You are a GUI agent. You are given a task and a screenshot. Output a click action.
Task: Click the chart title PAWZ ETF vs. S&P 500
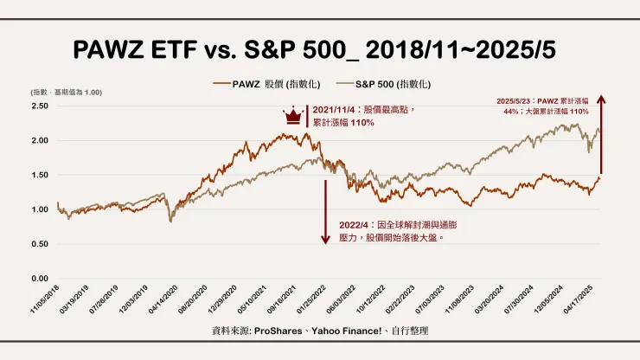(319, 49)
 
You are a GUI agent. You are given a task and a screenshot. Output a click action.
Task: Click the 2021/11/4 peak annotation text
(363, 117)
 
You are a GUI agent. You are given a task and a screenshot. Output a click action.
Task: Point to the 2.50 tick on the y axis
(39, 106)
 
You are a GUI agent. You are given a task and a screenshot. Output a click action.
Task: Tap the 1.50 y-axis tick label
(39, 175)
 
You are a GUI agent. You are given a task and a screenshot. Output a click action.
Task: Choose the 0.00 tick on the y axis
(39, 279)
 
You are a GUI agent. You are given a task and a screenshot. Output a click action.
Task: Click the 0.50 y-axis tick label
(39, 244)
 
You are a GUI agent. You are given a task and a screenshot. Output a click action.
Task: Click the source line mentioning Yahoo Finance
(319, 331)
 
